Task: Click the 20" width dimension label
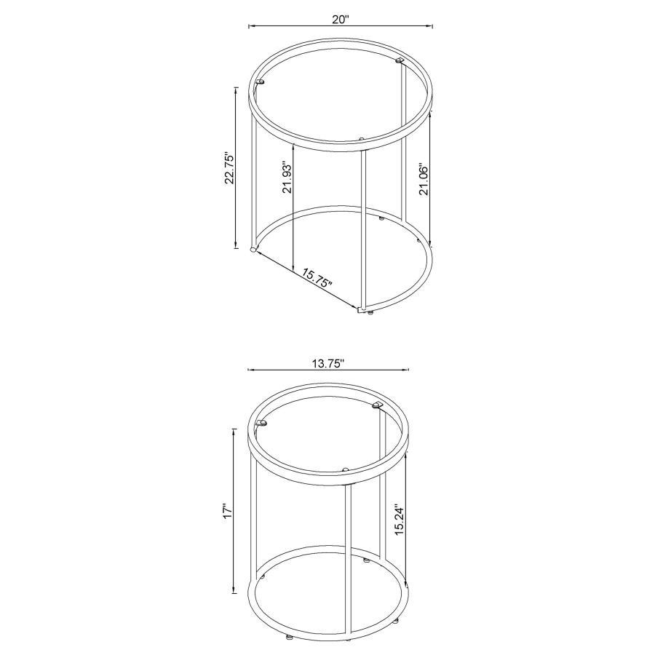[x=341, y=20]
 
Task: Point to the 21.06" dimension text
[x=425, y=178]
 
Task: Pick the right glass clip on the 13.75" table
[x=377, y=404]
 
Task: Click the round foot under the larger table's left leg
[x=253, y=250]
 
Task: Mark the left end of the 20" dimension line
[x=250, y=27]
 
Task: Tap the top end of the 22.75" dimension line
[x=236, y=87]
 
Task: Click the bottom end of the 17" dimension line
[x=234, y=592]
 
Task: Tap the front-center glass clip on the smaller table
[x=346, y=469]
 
